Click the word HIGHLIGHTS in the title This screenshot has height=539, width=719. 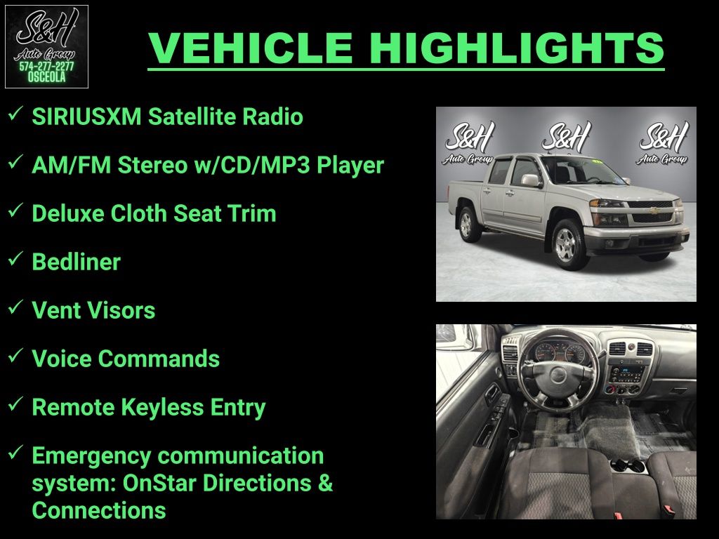(x=517, y=48)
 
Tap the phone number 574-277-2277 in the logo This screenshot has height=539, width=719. (x=46, y=67)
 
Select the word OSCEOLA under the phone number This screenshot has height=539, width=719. (x=46, y=77)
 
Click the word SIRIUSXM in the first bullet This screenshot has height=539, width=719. (x=86, y=117)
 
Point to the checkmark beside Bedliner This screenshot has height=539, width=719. (x=15, y=258)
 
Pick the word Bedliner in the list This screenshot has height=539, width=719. (x=76, y=262)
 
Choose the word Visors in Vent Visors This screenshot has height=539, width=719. (x=125, y=310)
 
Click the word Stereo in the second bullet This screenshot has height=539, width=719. (x=152, y=165)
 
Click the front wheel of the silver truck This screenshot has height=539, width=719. (x=567, y=245)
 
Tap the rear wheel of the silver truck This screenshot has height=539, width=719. (x=467, y=224)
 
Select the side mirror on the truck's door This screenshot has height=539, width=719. (x=531, y=180)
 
